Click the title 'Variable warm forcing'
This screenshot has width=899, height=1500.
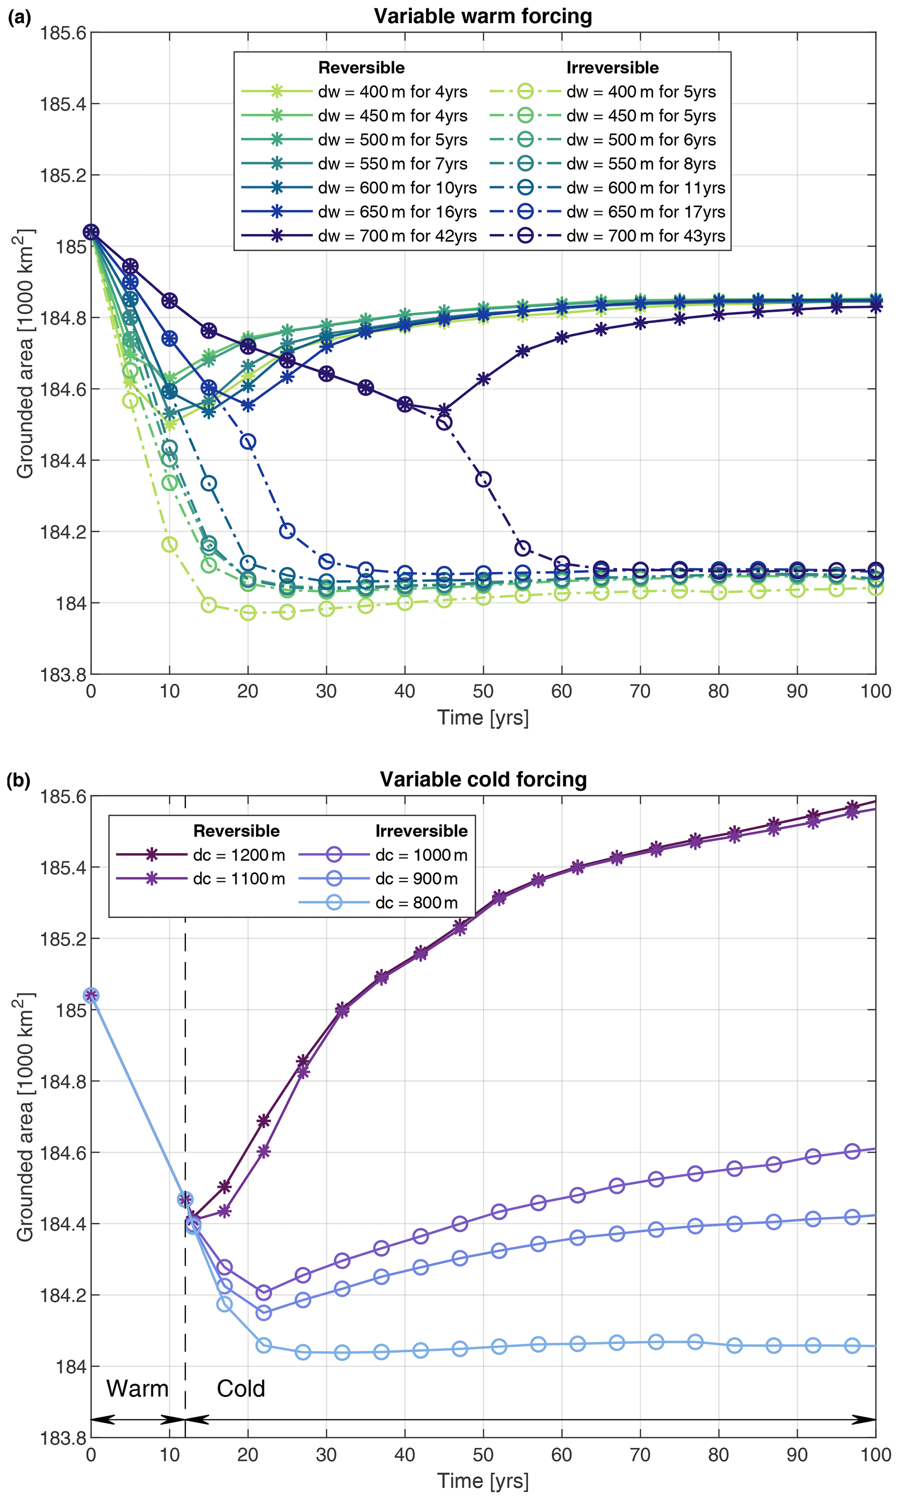483,17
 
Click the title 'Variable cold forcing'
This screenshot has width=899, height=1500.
483,779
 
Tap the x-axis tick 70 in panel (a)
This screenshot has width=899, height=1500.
640,691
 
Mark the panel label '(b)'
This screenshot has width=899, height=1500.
18,781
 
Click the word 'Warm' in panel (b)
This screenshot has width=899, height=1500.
137,1389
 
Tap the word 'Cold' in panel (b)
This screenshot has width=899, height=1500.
241,1389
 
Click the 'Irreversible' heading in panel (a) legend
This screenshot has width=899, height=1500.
612,68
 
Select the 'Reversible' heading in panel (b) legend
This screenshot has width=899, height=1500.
236,830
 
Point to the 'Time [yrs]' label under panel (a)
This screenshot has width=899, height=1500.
483,717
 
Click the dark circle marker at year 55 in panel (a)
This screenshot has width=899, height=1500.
522,548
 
